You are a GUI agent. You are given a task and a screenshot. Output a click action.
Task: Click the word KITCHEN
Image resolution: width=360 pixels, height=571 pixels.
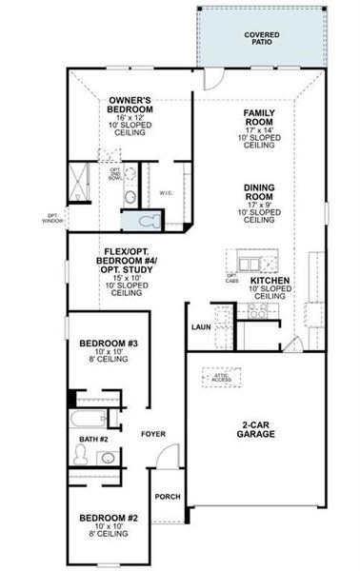270,281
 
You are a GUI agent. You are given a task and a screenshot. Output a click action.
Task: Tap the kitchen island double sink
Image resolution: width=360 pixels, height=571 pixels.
250,263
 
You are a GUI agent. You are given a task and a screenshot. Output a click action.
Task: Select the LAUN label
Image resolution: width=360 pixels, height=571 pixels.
200,325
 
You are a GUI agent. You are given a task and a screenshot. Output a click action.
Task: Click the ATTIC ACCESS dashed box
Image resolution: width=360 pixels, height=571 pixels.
221,379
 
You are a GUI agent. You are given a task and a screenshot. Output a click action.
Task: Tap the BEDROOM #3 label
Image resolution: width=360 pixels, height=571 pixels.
109,348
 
